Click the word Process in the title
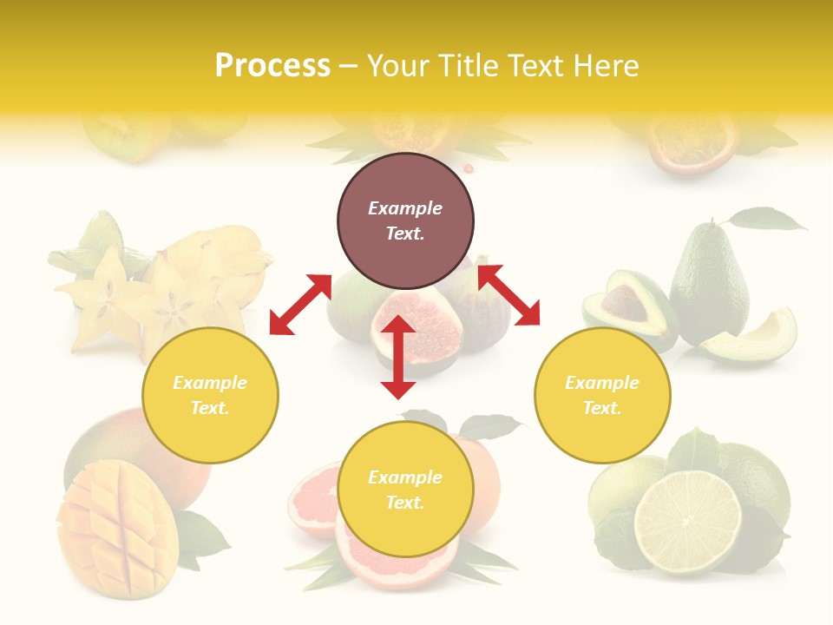tap(272, 66)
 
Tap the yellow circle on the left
tap(210, 395)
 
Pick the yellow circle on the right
tap(602, 395)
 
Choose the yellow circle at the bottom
tap(405, 490)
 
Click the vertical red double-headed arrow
tap(398, 357)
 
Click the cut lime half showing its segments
tap(687, 522)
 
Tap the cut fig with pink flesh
tap(415, 334)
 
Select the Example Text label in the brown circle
tap(405, 220)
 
